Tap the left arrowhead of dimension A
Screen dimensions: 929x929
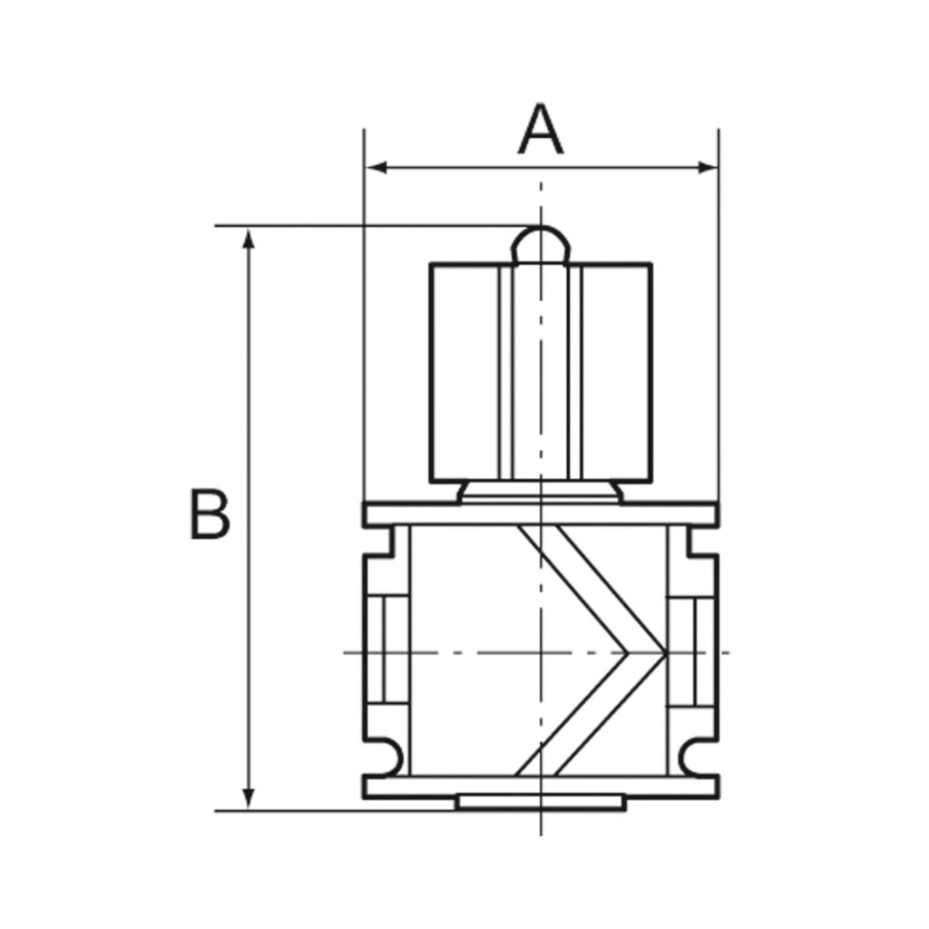pos(375,167)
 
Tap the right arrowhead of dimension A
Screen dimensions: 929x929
pos(708,167)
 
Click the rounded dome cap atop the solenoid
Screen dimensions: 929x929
pos(541,243)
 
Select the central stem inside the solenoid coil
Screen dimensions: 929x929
pos(541,372)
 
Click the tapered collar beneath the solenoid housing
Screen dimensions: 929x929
pos(541,492)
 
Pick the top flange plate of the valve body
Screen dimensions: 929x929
pos(541,514)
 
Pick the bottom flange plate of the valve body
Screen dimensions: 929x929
pos(541,787)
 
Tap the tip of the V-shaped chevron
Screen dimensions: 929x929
pos(664,652)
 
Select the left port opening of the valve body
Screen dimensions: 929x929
pos(386,651)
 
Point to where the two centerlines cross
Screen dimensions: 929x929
pos(541,652)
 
